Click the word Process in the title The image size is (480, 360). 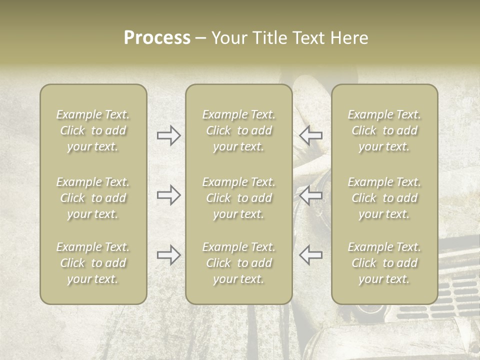(157, 38)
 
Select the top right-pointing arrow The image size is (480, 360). (169, 135)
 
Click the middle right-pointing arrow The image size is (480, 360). (169, 195)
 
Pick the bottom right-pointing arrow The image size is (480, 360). (169, 254)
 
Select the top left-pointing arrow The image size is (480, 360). (310, 135)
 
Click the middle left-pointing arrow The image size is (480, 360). (310, 195)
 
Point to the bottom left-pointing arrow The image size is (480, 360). (310, 254)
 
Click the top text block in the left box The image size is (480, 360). (93, 130)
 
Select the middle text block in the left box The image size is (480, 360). (93, 198)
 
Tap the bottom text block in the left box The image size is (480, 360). (93, 263)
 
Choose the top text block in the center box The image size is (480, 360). (239, 130)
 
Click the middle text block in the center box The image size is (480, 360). (239, 198)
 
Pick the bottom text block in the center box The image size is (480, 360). (239, 263)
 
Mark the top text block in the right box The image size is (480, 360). (384, 130)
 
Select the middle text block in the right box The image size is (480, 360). (384, 198)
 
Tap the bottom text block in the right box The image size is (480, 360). (384, 263)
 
